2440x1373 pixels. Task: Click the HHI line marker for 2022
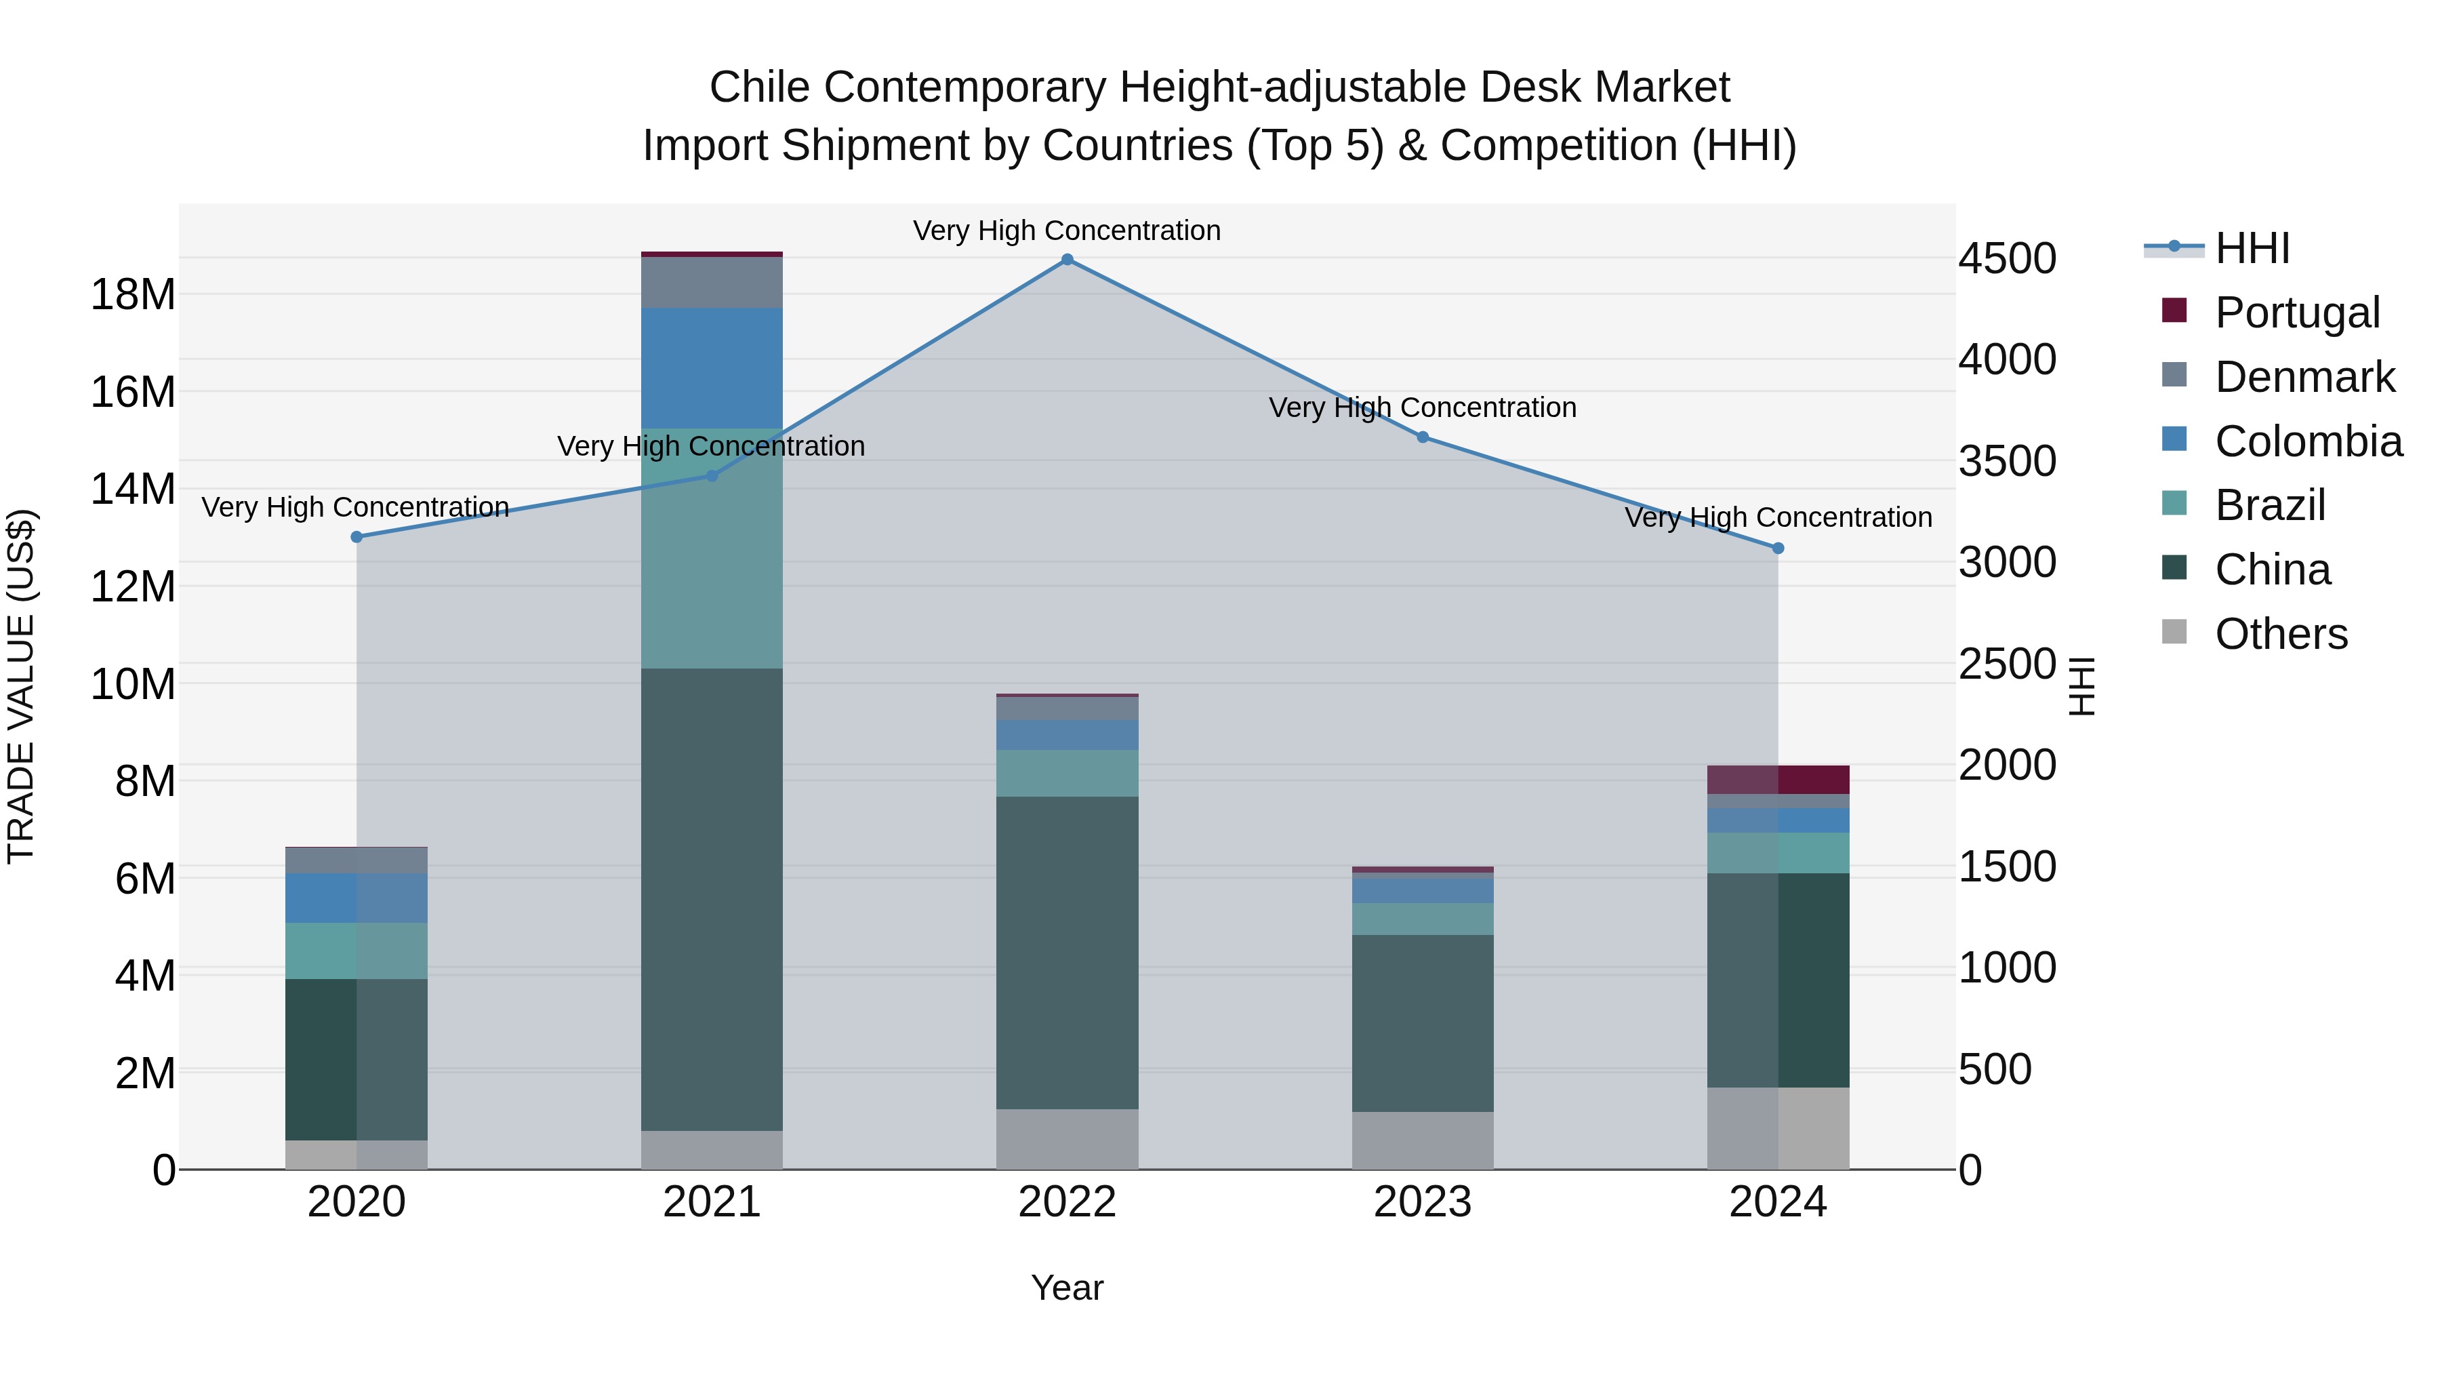pyautogui.click(x=1067, y=260)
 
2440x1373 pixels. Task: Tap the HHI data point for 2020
pyautogui.click(x=356, y=537)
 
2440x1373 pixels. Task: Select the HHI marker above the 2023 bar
pyautogui.click(x=1422, y=437)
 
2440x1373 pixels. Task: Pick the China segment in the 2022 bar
pyautogui.click(x=1067, y=953)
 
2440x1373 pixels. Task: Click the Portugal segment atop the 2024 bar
pyautogui.click(x=1777, y=779)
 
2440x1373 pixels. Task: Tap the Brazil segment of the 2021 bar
pyautogui.click(x=712, y=550)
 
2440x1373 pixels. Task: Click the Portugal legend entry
pyautogui.click(x=2297, y=313)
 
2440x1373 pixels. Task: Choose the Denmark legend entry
pyautogui.click(x=2304, y=377)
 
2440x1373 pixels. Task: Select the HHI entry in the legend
pyautogui.click(x=2252, y=248)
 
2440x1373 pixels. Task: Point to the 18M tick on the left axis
pyautogui.click(x=133, y=295)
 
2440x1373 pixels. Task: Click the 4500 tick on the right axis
pyautogui.click(x=2007, y=259)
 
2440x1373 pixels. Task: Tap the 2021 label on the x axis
pyautogui.click(x=712, y=1202)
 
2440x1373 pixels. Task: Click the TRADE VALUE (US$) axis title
pyautogui.click(x=21, y=686)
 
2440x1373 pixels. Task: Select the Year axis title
pyautogui.click(x=1067, y=1288)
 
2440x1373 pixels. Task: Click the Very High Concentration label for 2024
pyautogui.click(x=1777, y=517)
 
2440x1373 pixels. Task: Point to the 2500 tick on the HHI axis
pyautogui.click(x=2007, y=664)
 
